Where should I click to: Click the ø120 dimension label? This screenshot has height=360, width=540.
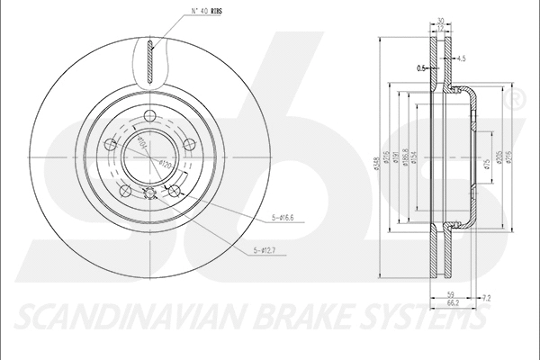(165, 164)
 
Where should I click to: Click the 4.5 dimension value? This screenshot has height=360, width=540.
(460, 59)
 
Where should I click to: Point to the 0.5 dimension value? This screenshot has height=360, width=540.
(420, 67)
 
